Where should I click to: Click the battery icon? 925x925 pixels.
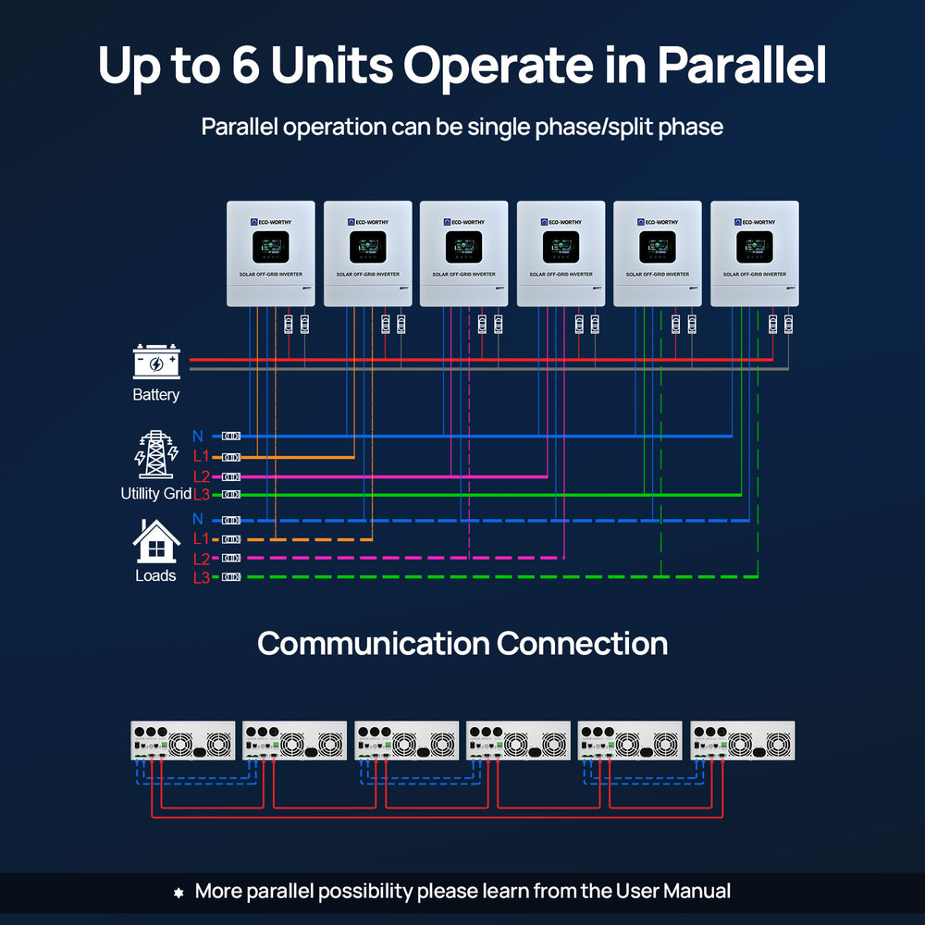point(156,362)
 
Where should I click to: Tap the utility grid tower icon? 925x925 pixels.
point(155,454)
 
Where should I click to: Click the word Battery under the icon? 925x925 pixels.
point(155,395)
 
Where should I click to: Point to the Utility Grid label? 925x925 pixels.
point(155,494)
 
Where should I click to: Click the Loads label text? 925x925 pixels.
point(155,576)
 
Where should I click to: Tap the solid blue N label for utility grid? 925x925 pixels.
point(198,436)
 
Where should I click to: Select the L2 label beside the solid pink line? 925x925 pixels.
point(202,476)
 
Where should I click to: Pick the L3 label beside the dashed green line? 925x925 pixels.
point(202,577)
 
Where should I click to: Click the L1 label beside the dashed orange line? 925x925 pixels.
point(202,538)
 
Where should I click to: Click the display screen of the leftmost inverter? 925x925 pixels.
point(271,247)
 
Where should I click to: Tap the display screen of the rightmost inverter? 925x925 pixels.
point(754,247)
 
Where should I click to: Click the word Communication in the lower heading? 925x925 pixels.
point(372,643)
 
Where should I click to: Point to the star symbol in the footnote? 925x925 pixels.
point(179,893)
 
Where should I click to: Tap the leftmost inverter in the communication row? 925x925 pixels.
point(182,741)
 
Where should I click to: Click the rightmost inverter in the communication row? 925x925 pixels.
point(742,741)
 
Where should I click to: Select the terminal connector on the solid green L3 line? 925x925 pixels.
point(231,495)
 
